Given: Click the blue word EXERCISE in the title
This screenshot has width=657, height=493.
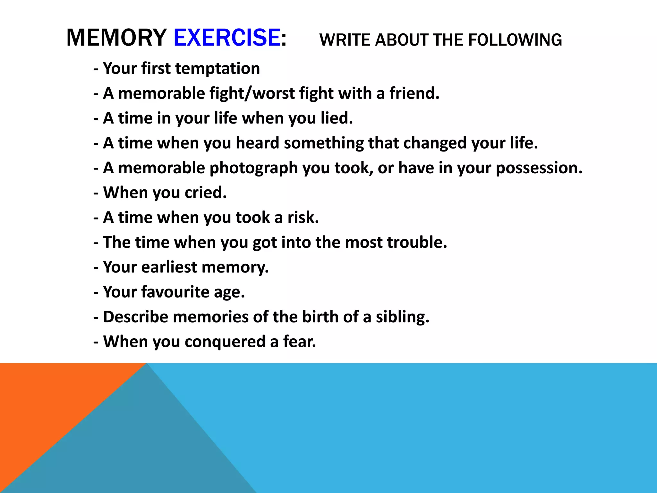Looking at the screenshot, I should coord(227,38).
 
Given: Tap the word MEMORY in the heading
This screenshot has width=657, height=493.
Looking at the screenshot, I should coord(116,38).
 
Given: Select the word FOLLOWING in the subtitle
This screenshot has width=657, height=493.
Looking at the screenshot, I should coord(515,40).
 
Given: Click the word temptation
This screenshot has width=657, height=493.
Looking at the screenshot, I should coord(218,68).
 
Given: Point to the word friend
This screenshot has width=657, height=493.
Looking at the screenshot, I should coord(414,93).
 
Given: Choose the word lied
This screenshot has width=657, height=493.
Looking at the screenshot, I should coord(337,118).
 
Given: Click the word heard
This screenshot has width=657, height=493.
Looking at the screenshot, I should coord(258,143).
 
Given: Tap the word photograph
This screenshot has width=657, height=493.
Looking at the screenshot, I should coord(253,168).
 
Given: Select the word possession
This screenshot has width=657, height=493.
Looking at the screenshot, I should coord(539,168).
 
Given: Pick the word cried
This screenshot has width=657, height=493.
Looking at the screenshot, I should coord(206,193).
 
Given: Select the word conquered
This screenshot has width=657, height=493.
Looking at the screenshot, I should coord(225,342).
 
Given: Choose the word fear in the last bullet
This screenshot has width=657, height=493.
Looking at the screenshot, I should coord(299,342).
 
